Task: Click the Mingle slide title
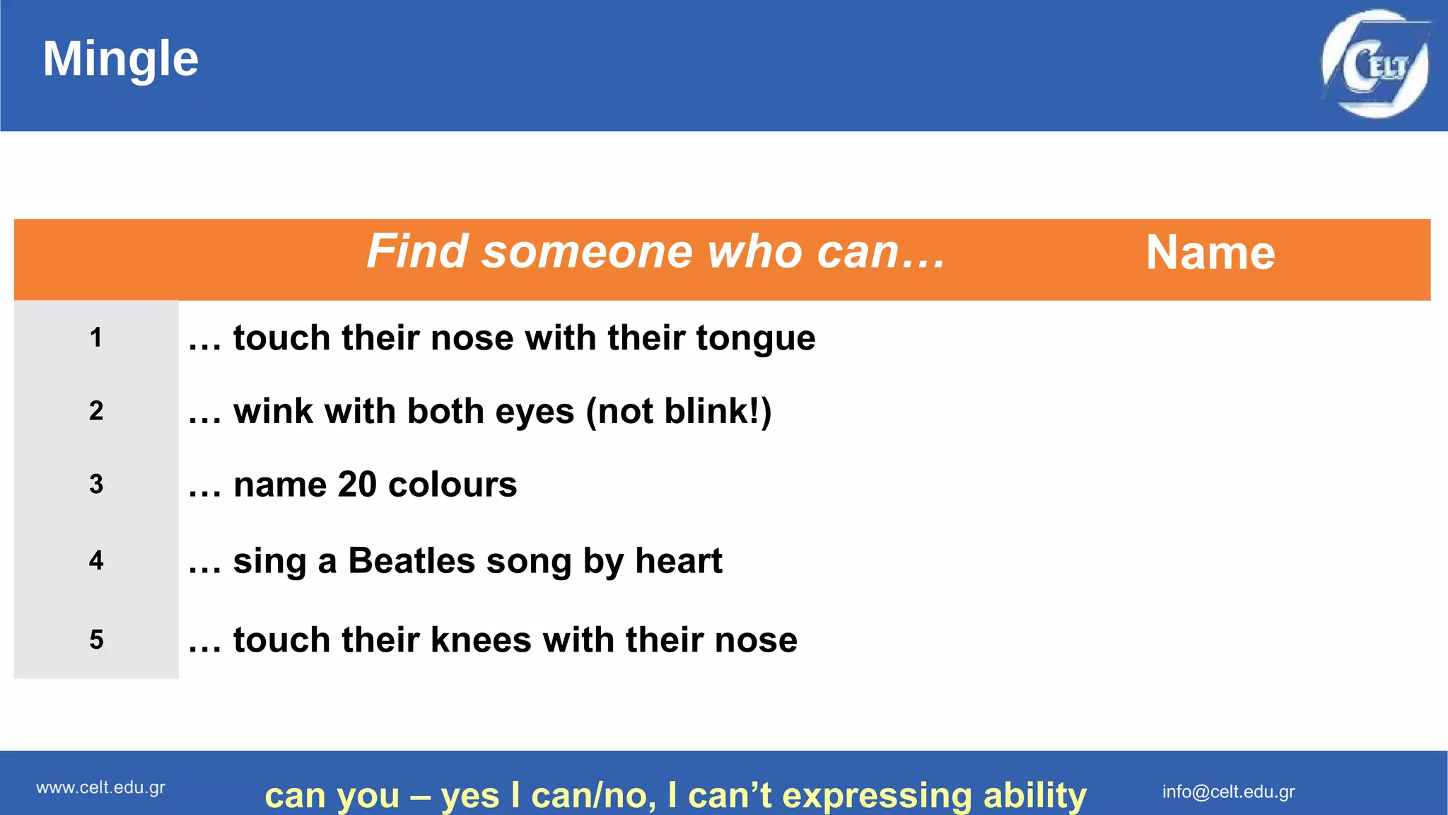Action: coord(120,59)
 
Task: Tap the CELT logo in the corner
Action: coord(1375,64)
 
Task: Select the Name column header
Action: coord(1210,253)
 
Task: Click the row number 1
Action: coord(96,337)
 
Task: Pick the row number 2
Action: coord(96,411)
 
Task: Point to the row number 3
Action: coord(96,485)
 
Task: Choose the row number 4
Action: coord(96,561)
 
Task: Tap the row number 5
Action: coord(96,640)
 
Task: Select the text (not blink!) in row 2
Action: coord(679,412)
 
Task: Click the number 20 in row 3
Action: coord(357,485)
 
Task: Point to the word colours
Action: coord(452,485)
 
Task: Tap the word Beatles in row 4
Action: coord(411,561)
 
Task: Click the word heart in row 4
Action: coord(678,561)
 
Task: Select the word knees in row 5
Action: coord(481,640)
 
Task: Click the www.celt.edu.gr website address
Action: coord(100,788)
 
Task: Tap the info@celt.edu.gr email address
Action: coord(1228,792)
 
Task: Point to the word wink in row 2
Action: coord(273,412)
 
